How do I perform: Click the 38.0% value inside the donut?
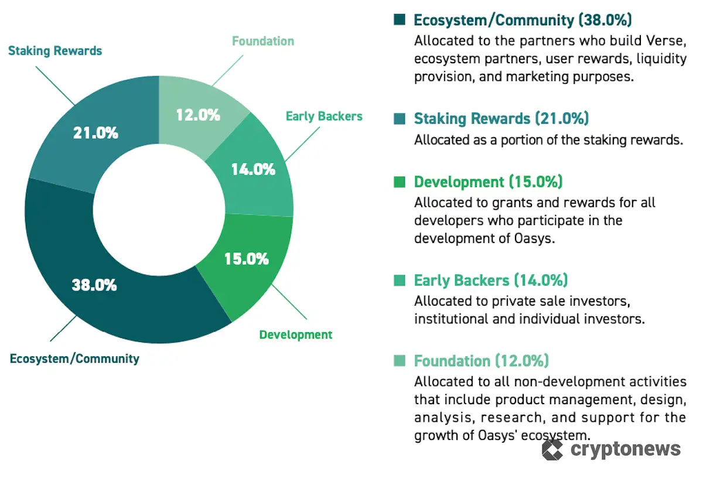coord(94,286)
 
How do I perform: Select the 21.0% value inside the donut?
coord(95,133)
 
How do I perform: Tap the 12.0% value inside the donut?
coord(198,115)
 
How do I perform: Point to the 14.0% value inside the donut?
coord(252,170)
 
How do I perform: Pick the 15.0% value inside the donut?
coord(247,258)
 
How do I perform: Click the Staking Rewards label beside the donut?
coord(55,51)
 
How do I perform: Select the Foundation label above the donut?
coord(263,41)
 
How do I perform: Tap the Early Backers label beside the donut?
coord(324,116)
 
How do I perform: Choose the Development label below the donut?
coord(296,335)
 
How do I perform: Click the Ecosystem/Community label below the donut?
coord(74,358)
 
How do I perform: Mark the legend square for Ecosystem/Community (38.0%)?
coord(400,20)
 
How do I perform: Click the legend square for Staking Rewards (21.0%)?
coord(400,119)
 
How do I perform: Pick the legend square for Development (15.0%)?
coord(400,182)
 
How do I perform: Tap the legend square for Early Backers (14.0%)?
coord(400,281)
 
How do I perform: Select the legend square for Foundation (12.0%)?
coord(400,361)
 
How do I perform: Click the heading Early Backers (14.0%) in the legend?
coord(491,281)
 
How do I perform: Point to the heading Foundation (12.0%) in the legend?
coord(482,361)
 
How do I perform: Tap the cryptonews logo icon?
coord(552,449)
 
